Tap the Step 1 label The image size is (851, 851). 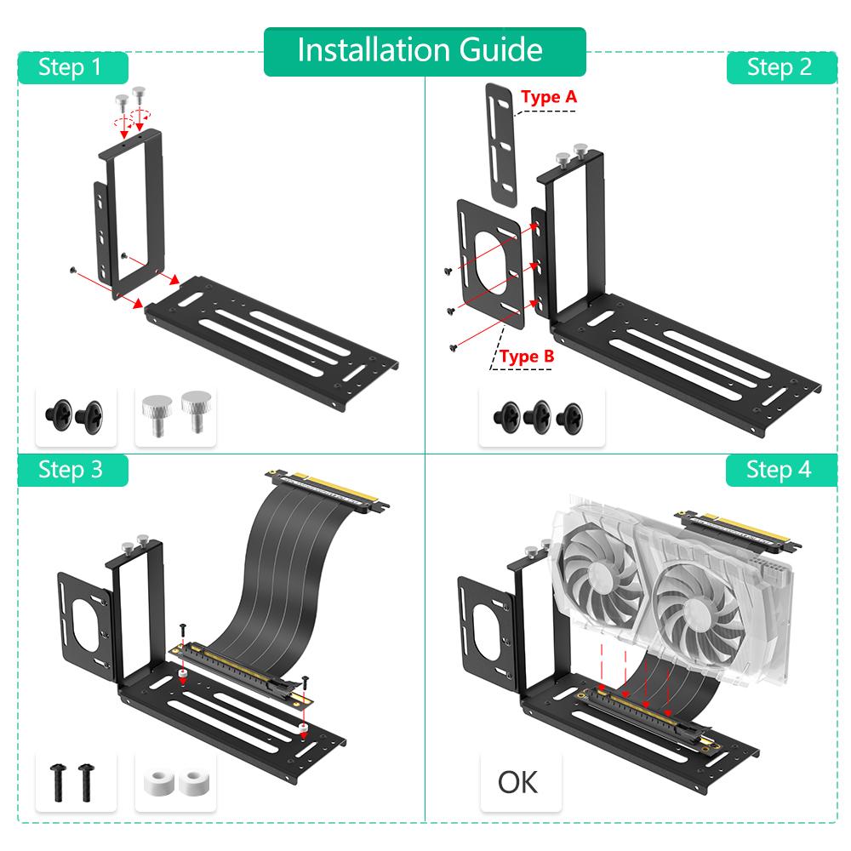pos(72,67)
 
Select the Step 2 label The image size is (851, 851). pos(779,67)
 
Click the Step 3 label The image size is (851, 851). pos(72,470)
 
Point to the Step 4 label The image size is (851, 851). pos(779,470)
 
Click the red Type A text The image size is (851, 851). pos(549,97)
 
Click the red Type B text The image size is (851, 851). pos(527,357)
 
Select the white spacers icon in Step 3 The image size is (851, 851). pos(175,781)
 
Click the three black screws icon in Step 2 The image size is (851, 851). pos(541,417)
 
